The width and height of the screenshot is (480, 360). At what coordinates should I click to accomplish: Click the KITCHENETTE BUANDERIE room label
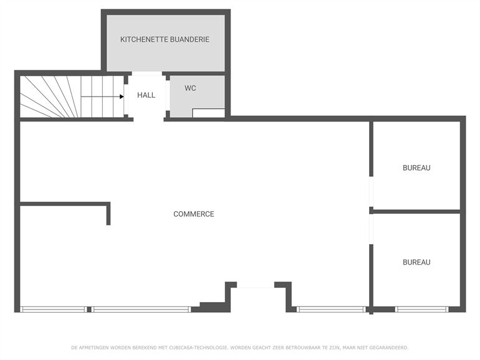coord(165,39)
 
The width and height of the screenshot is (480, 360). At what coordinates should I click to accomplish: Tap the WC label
coord(190,88)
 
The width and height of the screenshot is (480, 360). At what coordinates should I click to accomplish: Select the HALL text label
coord(146,95)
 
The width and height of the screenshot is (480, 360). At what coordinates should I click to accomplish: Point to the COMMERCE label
coord(194,214)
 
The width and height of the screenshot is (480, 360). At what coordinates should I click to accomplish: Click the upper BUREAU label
coord(416,168)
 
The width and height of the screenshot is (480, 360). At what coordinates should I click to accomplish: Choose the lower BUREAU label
coord(416,262)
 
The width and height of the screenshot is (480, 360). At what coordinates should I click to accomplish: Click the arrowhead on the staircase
coord(122,97)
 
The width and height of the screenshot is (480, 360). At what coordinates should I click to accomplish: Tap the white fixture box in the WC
coord(208,113)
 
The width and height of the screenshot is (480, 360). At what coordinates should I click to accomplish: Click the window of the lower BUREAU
coord(422,309)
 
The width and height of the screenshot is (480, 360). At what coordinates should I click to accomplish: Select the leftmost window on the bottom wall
coord(54,309)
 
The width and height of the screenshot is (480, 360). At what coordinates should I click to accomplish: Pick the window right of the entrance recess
coord(332,309)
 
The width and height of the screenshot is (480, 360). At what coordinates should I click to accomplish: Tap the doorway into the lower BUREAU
coord(371,229)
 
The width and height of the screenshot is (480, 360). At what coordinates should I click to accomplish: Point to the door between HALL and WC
coord(168,95)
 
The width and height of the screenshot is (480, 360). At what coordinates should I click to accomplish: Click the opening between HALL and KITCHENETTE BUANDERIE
coord(147,73)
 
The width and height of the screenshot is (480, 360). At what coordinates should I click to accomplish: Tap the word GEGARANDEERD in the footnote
coord(389,348)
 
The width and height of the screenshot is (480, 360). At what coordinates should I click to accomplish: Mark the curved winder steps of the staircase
coord(49,97)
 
